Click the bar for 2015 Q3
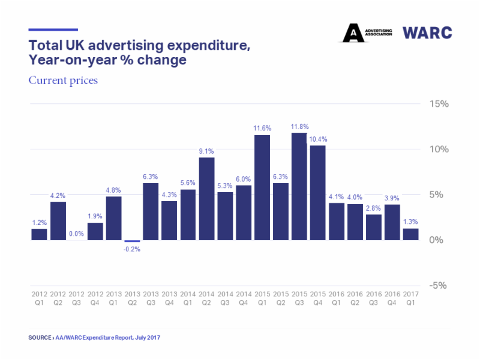click(x=299, y=187)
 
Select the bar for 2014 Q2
click(x=206, y=199)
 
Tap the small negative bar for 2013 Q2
click(x=132, y=241)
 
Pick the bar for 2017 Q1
click(x=410, y=235)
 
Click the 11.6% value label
click(x=262, y=128)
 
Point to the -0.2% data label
click(x=132, y=249)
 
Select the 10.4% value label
click(x=318, y=139)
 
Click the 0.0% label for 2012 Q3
click(x=76, y=233)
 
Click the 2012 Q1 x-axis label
click(x=39, y=299)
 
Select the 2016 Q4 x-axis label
click(x=392, y=299)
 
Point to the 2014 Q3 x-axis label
click(x=225, y=299)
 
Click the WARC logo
click(x=427, y=32)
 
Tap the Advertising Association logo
click(x=367, y=32)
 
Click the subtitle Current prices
click(x=63, y=80)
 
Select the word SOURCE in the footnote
click(x=40, y=338)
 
